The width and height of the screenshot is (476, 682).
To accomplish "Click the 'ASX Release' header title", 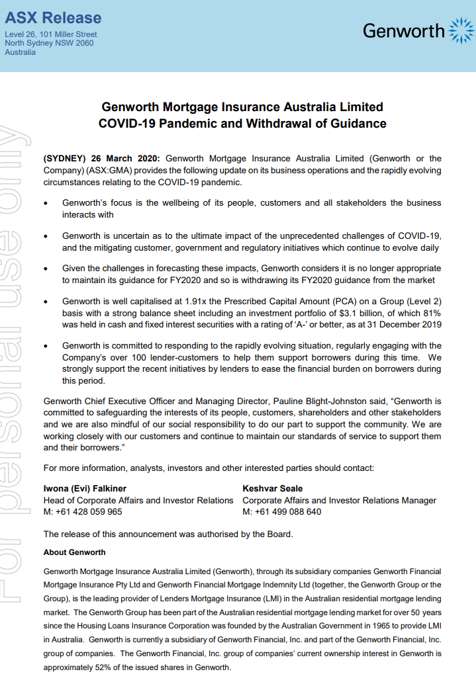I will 53,18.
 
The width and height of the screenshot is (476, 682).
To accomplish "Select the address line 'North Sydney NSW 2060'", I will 49,43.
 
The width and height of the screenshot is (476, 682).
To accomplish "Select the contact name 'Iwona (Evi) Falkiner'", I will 85,489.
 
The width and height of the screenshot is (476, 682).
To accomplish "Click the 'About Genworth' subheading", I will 74,552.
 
